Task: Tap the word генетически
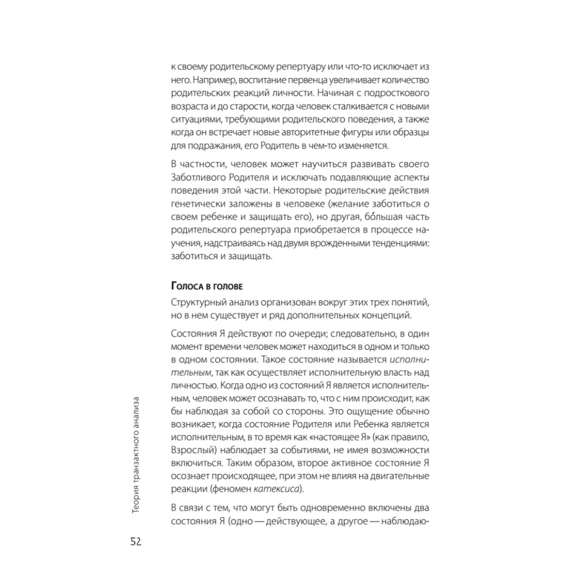pyautogui.click(x=195, y=205)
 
